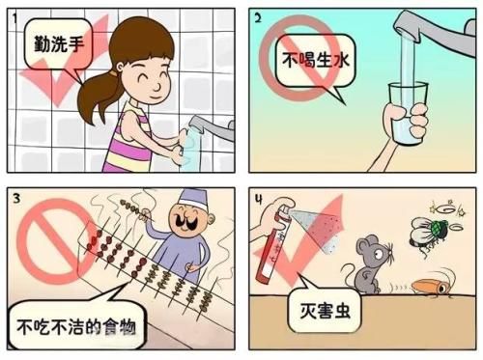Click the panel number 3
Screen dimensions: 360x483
[13, 197]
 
